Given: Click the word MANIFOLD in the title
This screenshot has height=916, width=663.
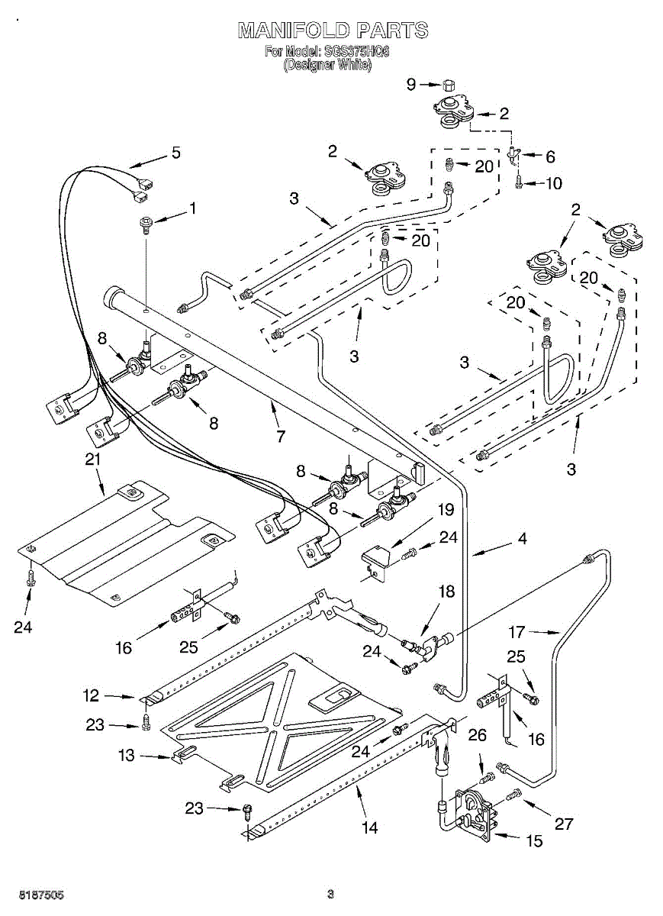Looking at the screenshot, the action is tap(294, 31).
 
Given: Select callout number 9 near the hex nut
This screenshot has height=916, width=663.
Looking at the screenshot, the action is tap(411, 84).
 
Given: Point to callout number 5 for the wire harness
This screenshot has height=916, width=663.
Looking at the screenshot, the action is tap(175, 153).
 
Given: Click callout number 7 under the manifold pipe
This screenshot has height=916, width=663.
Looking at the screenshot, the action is tap(281, 437).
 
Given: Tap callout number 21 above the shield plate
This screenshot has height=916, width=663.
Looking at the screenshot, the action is tap(92, 460).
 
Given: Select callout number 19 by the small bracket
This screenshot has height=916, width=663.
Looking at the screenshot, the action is tap(446, 510).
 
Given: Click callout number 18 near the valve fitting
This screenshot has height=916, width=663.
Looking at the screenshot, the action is tap(446, 592).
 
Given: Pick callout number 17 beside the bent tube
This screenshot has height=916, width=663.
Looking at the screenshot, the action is tap(517, 632).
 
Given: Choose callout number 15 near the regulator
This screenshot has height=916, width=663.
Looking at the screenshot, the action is tap(535, 840).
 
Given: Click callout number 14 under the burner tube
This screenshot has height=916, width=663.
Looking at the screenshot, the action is tap(369, 828).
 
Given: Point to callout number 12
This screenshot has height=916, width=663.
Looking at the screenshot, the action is tap(92, 695).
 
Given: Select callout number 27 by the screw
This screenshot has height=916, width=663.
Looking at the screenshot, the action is tap(564, 824).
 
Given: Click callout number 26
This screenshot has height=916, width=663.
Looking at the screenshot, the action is tap(478, 735).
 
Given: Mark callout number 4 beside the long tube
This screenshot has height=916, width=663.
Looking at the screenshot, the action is tap(523, 538).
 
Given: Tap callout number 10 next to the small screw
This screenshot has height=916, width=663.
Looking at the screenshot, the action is tap(554, 183).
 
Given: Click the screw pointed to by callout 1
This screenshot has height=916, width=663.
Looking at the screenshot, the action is tap(144, 226).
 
